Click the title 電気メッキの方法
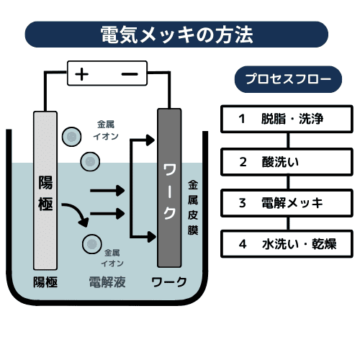pyautogui.click(x=176, y=34)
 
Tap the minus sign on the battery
pyautogui.click(x=129, y=73)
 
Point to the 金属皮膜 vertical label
pyautogui.click(x=192, y=208)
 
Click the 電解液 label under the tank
pyautogui.click(x=107, y=282)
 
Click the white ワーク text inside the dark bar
pyautogui.click(x=169, y=192)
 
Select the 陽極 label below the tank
pyautogui.click(x=45, y=282)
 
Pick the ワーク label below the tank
pyautogui.click(x=169, y=282)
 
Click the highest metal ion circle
pyautogui.click(x=71, y=135)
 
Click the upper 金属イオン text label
pyautogui.click(x=106, y=129)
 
